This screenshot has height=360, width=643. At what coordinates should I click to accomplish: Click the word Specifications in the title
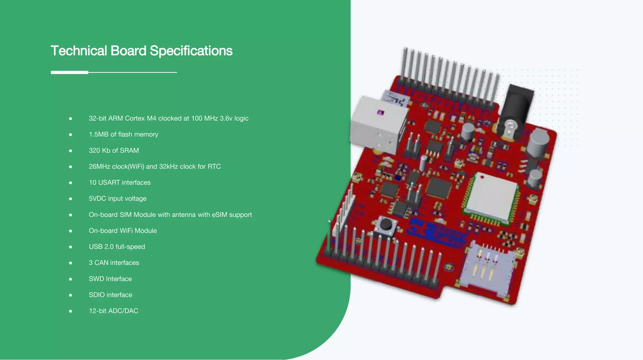point(191,51)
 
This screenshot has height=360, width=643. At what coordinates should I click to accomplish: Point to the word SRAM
point(129,150)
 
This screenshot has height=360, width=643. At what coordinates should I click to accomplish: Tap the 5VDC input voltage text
point(117,199)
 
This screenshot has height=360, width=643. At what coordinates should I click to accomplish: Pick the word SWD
point(96,279)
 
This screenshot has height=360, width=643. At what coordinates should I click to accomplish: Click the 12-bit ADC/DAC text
point(113,311)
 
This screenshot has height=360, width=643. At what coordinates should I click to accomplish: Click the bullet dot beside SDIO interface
point(71,295)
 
